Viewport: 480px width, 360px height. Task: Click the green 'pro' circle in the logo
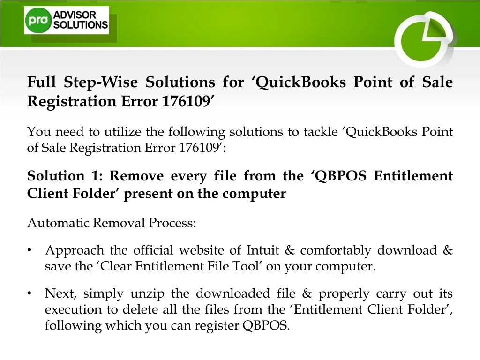click(38, 20)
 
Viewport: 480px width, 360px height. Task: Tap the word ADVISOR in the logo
click(75, 15)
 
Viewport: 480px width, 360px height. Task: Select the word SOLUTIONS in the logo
click(81, 25)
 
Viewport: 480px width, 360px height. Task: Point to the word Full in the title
click(41, 82)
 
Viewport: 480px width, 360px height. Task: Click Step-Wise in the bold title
click(101, 82)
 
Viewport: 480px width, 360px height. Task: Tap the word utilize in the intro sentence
click(123, 132)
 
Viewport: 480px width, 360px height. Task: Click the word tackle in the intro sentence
click(321, 132)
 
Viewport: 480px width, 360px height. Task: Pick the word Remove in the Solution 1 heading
click(136, 176)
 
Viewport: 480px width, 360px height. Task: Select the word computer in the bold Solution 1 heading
click(254, 194)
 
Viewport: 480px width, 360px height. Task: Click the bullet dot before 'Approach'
click(30, 250)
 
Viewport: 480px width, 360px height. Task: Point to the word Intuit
click(263, 250)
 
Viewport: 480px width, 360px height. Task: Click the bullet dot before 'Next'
click(30, 293)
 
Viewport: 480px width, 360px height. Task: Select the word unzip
click(147, 294)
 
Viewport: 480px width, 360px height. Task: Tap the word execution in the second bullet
click(73, 309)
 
